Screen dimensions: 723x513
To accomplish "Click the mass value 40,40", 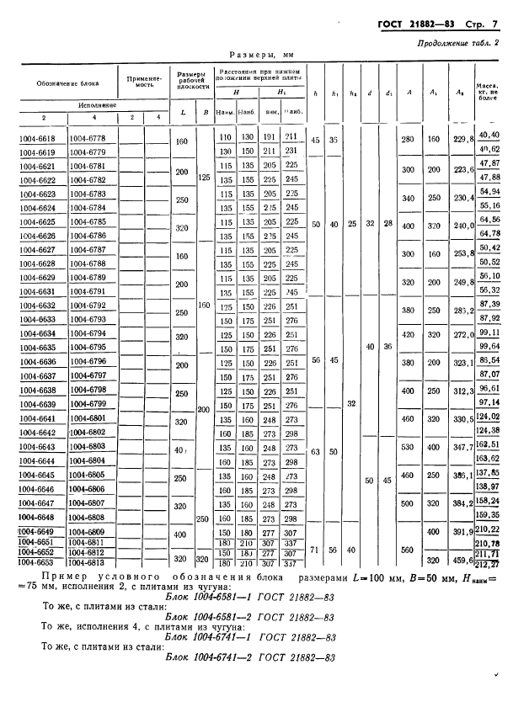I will [489, 134].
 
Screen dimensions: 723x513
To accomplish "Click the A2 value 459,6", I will [459, 558].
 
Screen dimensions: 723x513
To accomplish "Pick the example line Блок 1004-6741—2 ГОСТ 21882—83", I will [253, 658].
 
